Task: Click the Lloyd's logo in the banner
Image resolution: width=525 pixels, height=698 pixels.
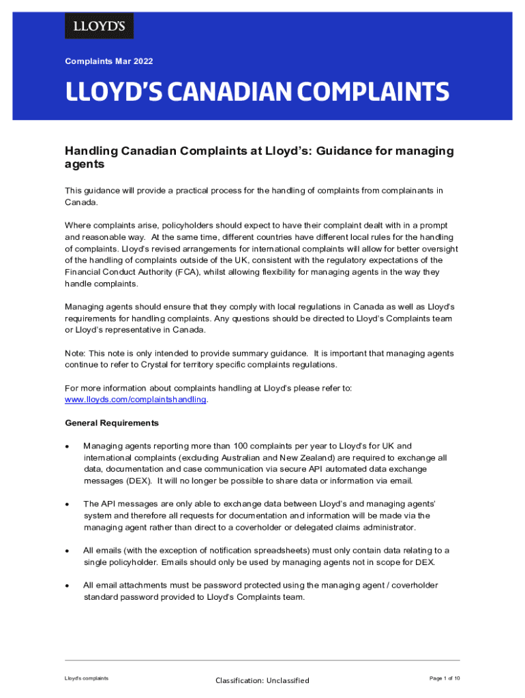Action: (x=99, y=26)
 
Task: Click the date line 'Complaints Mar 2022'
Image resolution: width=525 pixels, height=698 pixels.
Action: (x=109, y=61)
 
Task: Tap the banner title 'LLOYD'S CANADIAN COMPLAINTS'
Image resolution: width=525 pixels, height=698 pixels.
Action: (x=257, y=91)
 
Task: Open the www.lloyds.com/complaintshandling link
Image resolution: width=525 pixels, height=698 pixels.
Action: (x=135, y=399)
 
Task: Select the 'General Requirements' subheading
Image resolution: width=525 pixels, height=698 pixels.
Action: (x=112, y=423)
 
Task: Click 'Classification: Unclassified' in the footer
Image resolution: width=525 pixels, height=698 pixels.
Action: (x=262, y=680)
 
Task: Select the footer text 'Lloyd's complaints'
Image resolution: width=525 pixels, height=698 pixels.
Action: (x=87, y=678)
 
